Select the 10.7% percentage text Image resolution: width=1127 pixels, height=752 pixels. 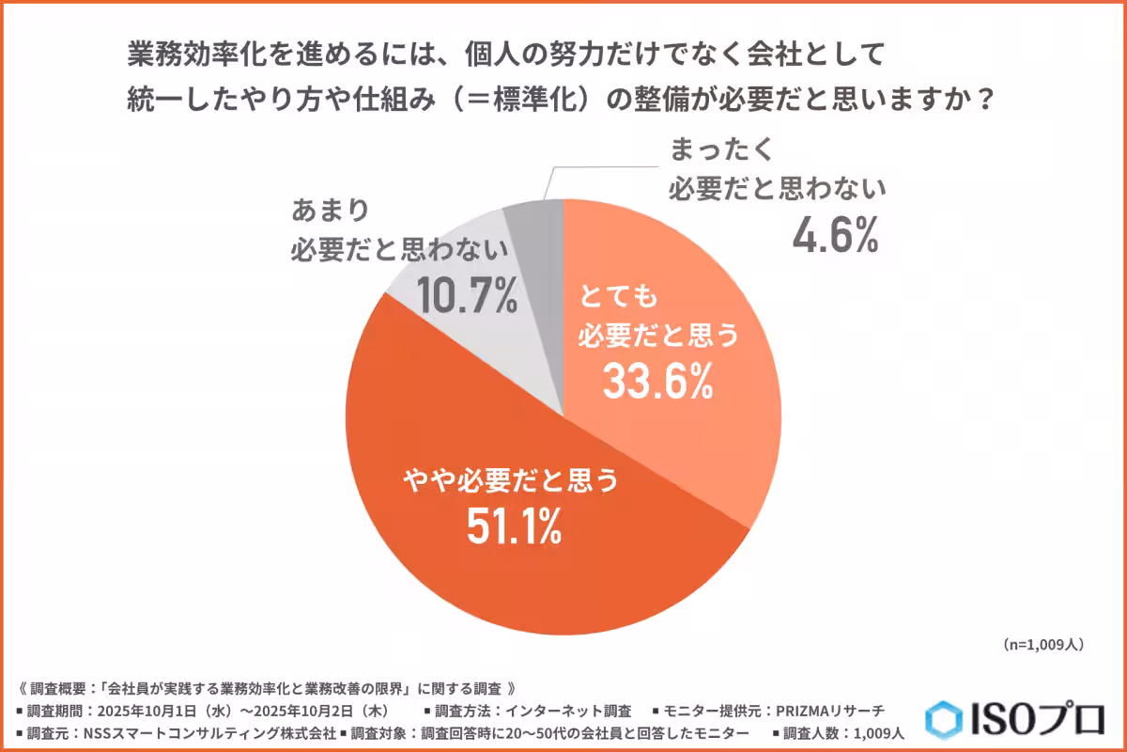(467, 296)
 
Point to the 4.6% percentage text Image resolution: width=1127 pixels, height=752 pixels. (835, 235)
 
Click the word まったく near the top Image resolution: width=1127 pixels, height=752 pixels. (722, 150)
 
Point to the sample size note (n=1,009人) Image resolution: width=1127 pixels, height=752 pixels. (1043, 645)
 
